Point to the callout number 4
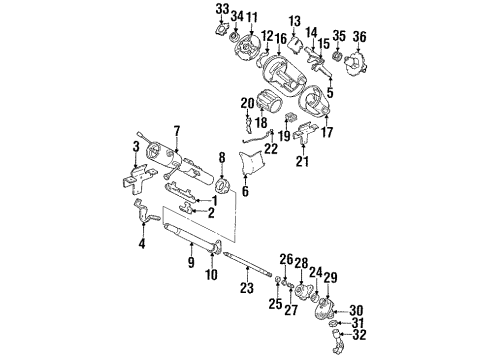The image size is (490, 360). (140, 241)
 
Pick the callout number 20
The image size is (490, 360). (247, 102)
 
